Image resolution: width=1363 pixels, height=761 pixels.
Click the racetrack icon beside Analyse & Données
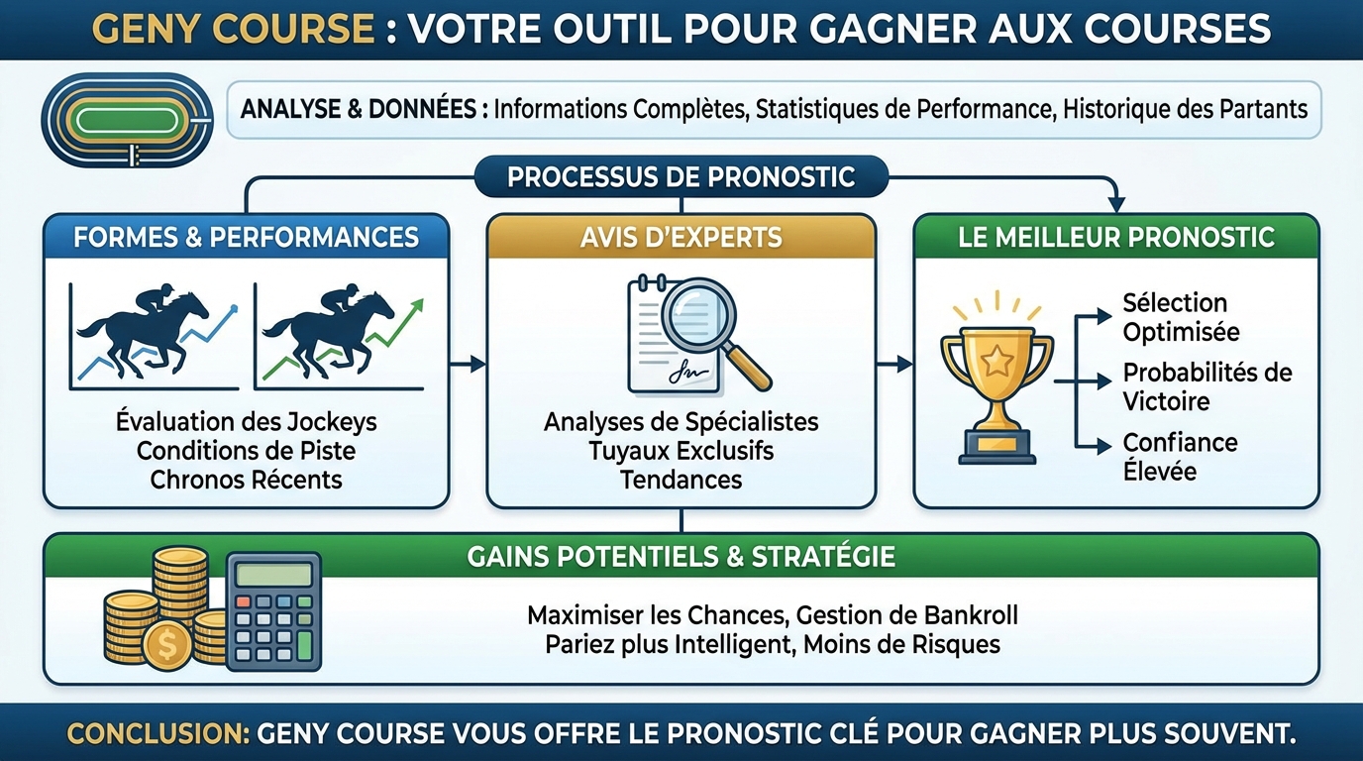(126, 120)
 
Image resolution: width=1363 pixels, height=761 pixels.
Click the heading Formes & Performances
(246, 238)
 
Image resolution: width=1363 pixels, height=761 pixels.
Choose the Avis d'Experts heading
(681, 238)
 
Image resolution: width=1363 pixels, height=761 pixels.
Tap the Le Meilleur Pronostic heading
(1115, 238)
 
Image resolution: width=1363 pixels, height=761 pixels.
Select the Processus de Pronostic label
(681, 177)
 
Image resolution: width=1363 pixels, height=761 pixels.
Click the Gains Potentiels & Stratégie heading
(681, 556)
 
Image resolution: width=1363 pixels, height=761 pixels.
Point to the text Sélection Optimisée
(1180, 317)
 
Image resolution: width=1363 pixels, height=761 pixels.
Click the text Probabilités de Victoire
(1206, 386)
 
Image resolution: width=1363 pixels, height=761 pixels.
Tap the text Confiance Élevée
(1180, 456)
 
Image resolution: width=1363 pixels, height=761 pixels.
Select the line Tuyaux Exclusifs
(681, 451)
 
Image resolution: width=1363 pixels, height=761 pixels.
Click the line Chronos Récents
(246, 480)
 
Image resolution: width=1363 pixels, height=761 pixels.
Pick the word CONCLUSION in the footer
(157, 734)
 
